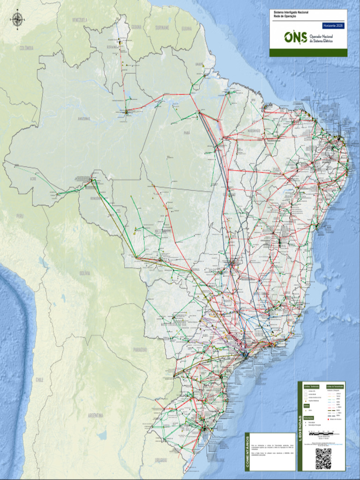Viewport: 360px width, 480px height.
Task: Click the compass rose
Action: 18,19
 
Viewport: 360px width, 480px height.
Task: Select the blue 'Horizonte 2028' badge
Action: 333,26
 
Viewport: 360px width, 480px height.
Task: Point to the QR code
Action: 323,458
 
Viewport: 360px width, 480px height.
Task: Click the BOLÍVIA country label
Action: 85,273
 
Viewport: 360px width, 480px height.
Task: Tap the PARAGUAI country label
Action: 140,350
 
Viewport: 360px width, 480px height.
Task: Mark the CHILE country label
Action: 40,380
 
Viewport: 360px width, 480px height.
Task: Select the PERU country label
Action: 19,216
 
